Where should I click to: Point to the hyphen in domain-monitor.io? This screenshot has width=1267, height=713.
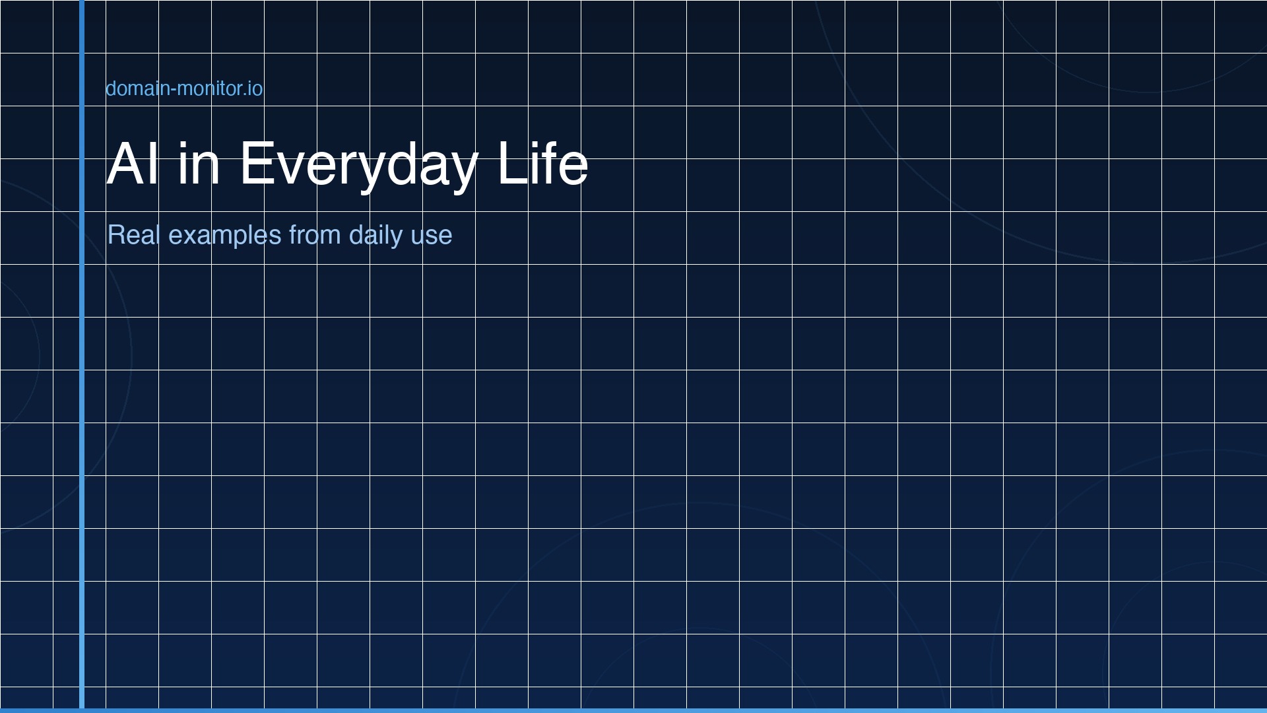click(172, 90)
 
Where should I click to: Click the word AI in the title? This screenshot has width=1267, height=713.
click(133, 163)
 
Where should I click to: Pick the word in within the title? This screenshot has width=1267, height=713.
click(199, 163)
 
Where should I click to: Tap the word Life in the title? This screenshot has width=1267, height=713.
click(542, 163)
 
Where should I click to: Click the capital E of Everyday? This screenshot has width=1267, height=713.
click(257, 163)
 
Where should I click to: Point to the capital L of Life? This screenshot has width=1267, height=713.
click(513, 163)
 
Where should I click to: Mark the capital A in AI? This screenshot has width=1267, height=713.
click(125, 163)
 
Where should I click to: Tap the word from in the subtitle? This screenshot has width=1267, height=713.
click(315, 235)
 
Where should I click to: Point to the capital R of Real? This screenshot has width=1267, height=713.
click(116, 235)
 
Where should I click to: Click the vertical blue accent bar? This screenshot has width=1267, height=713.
click(82, 355)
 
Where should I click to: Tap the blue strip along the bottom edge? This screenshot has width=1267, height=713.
click(633, 711)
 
